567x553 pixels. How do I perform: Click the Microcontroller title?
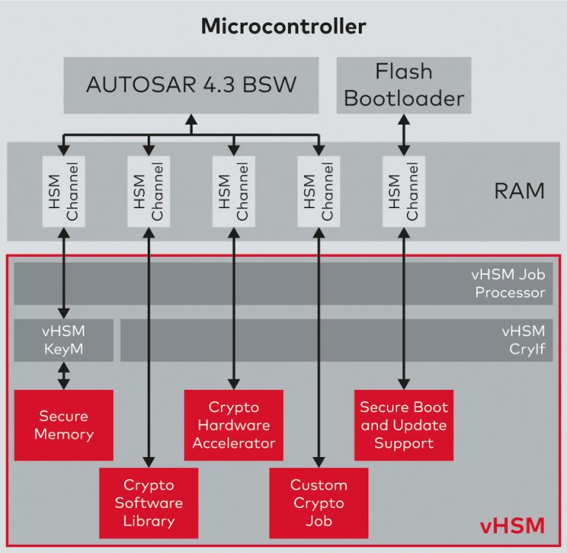pos(283,27)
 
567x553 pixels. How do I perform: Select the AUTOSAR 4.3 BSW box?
pos(191,84)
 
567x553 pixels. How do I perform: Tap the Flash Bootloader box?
pos(404,84)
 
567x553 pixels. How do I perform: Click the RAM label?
pos(519,191)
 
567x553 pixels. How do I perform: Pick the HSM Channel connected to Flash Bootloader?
pos(404,191)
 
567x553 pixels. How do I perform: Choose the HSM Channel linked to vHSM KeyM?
pos(63,191)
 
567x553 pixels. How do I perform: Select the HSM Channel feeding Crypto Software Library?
pos(148,191)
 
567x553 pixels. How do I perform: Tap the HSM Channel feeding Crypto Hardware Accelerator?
pos(234,191)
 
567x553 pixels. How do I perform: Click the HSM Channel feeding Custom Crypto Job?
pos(319,191)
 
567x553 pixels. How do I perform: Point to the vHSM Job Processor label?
pos(507,284)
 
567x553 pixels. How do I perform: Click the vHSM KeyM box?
pos(63,340)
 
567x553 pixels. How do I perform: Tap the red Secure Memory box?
pos(63,425)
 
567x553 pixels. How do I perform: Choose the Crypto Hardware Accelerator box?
pos(234,425)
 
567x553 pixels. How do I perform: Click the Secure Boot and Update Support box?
pos(404,425)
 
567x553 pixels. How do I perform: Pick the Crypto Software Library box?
pos(148,503)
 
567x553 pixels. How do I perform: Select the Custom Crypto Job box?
pos(319,503)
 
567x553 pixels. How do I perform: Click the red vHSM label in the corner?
pos(512,526)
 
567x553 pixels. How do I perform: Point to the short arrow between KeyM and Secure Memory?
pos(63,376)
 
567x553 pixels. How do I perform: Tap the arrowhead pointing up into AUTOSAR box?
pos(191,118)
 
